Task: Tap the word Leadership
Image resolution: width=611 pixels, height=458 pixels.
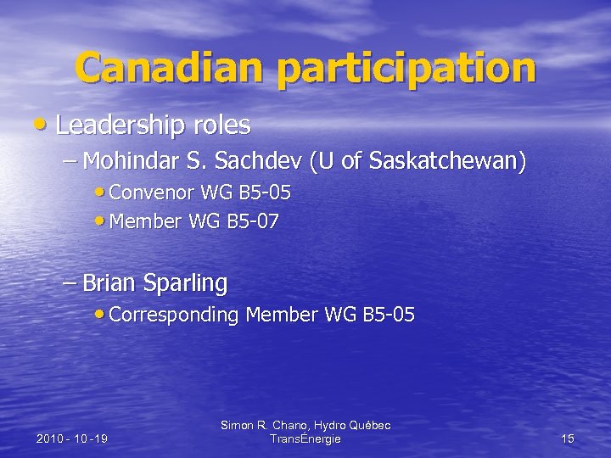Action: click(x=120, y=126)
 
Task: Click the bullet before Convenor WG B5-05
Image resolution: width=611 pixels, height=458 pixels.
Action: click(x=102, y=193)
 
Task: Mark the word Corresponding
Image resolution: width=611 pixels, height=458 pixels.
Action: click(x=174, y=316)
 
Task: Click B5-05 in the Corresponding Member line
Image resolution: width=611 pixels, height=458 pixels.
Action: click(x=390, y=315)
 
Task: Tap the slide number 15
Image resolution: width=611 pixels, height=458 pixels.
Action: click(x=568, y=438)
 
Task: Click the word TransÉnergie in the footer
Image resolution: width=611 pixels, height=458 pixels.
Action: click(x=305, y=438)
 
